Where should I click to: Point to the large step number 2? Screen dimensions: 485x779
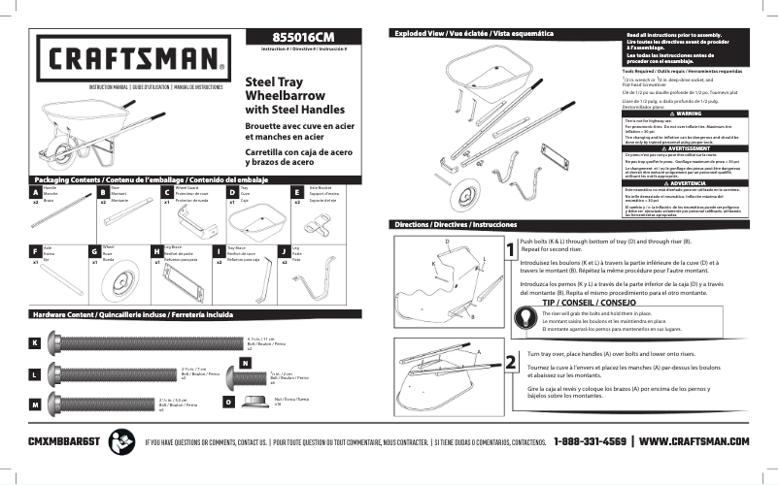tap(511, 363)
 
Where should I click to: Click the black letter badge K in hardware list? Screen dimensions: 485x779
tap(35, 343)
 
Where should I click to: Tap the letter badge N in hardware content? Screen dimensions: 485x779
tap(245, 363)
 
